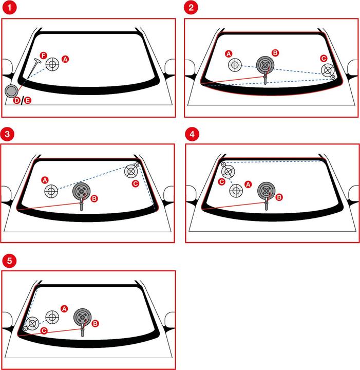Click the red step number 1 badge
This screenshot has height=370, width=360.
click(x=9, y=7)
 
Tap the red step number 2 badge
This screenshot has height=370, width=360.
click(x=191, y=7)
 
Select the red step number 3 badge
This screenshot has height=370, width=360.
click(x=7, y=134)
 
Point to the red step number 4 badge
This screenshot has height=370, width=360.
click(x=192, y=134)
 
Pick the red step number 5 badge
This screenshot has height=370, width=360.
click(x=9, y=261)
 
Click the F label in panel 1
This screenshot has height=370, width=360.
click(x=43, y=55)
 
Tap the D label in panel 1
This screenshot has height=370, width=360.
click(x=16, y=101)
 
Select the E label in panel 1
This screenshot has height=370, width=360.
click(x=28, y=101)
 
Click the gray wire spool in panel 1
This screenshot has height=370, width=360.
click(x=11, y=91)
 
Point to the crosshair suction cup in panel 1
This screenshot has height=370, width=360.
click(x=52, y=64)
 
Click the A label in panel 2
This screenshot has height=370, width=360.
click(x=229, y=54)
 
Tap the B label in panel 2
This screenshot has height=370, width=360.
click(x=275, y=53)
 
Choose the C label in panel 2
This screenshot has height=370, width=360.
click(x=324, y=58)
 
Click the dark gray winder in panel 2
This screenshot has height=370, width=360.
click(x=265, y=65)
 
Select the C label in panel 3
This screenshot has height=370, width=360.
click(x=136, y=183)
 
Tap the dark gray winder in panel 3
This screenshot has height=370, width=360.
click(x=81, y=192)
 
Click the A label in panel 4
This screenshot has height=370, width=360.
click(x=248, y=184)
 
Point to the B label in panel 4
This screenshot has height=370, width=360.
click(x=279, y=197)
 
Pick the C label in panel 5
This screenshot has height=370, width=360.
click(x=44, y=330)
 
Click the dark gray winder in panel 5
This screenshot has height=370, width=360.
click(x=83, y=318)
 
